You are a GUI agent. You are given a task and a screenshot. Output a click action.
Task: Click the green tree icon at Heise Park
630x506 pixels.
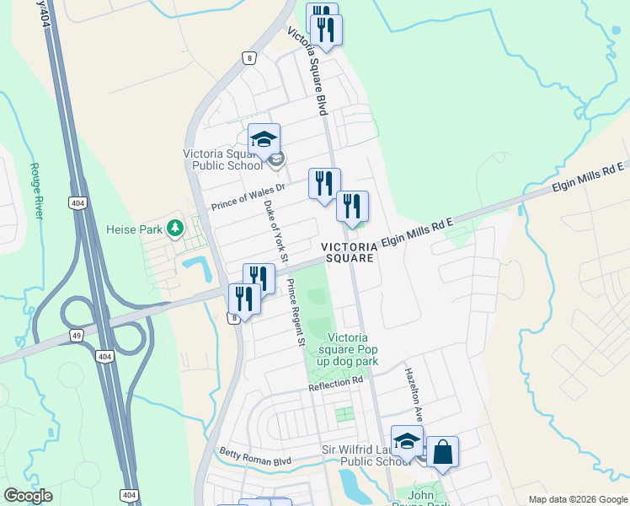click(x=175, y=228)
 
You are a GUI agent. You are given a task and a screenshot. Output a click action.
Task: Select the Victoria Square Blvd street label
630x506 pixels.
click(x=307, y=71)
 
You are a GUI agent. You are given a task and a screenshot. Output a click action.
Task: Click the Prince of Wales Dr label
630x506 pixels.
click(x=248, y=196)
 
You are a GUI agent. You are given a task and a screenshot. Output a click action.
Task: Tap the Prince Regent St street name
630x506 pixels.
click(x=294, y=313)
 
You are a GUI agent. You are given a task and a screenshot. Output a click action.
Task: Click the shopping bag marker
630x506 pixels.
click(x=442, y=452)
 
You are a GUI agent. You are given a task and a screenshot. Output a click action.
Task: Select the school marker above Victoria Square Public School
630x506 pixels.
click(x=264, y=139)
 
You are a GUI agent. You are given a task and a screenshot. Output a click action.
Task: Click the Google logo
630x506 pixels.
click(x=27, y=496)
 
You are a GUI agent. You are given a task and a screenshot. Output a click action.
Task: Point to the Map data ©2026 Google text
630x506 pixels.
click(x=577, y=499)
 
